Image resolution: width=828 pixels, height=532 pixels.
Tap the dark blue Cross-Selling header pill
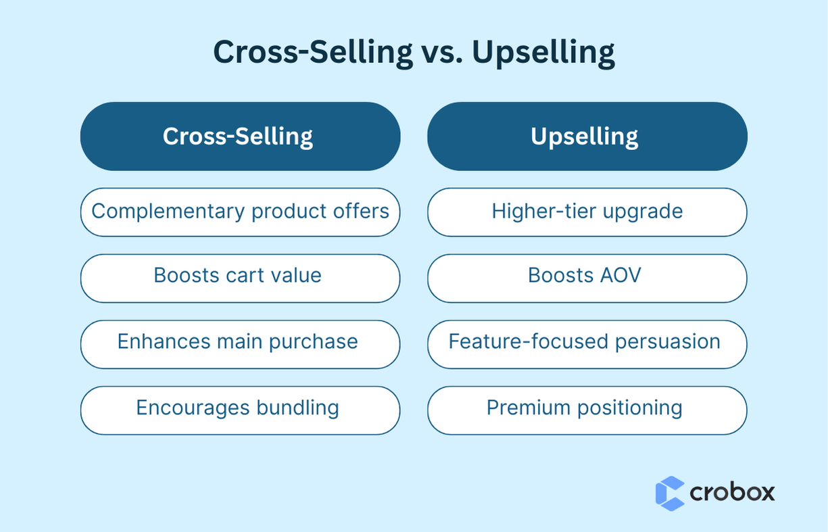[240, 137]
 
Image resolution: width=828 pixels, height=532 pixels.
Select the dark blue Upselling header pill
[587, 137]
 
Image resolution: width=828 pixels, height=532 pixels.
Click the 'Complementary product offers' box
[240, 212]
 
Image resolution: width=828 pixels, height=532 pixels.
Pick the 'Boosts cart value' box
[240, 278]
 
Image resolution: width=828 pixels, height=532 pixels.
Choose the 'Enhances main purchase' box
[240, 343]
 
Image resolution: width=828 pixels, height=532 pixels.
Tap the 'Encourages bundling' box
[240, 410]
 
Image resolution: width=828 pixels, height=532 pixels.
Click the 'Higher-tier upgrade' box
[587, 212]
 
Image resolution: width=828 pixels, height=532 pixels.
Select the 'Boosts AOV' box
[587, 278]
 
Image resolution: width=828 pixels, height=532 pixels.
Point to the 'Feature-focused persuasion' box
[587, 343]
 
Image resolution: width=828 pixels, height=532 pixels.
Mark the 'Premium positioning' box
[587, 410]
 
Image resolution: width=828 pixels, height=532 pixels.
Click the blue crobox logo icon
[669, 493]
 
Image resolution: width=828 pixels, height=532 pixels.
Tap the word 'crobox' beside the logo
[732, 492]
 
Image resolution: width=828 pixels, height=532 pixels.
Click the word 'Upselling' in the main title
[543, 53]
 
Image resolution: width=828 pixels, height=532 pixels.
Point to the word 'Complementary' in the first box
[168, 212]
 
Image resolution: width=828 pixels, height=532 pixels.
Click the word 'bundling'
[297, 408]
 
